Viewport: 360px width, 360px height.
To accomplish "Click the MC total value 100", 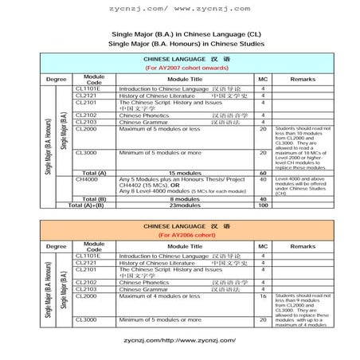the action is click(263, 205).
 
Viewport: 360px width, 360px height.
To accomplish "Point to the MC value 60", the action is click(263, 172).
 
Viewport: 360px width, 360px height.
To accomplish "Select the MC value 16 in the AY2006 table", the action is click(263, 295).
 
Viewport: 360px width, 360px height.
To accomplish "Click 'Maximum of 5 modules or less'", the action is click(159, 128).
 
